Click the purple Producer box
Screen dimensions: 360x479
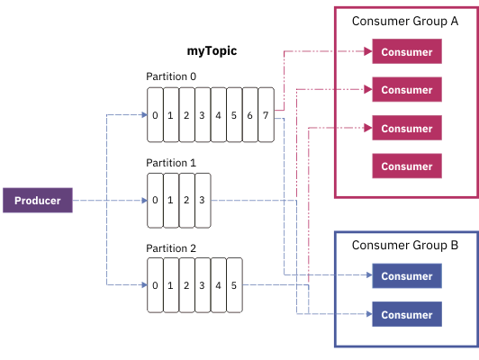pyautogui.click(x=37, y=201)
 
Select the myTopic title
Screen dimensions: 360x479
pyautogui.click(x=205, y=51)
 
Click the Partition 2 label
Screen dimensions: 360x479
pyautogui.click(x=171, y=247)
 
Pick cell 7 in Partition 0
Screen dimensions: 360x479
pyautogui.click(x=265, y=115)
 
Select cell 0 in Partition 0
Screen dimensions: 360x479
pyautogui.click(x=156, y=115)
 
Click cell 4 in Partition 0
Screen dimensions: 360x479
pyautogui.click(x=218, y=115)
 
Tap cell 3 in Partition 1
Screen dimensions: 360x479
pyautogui.click(x=202, y=200)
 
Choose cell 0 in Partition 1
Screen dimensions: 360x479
pyautogui.click(x=156, y=200)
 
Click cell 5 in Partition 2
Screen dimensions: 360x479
pyautogui.click(x=233, y=285)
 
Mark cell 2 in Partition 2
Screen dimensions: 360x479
pyautogui.click(x=186, y=285)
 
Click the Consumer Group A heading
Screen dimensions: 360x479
pyautogui.click(x=404, y=22)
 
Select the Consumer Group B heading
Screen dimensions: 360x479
pyautogui.click(x=405, y=244)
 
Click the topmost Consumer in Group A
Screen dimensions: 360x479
pyautogui.click(x=407, y=52)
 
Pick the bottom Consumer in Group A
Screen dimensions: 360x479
pyautogui.click(x=407, y=166)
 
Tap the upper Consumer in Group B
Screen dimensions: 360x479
pyautogui.click(x=407, y=276)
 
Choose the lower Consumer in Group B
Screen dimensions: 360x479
pyautogui.click(x=407, y=314)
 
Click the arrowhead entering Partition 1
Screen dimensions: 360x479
pyautogui.click(x=142, y=200)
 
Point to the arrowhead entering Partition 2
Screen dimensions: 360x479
pyautogui.click(x=142, y=285)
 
